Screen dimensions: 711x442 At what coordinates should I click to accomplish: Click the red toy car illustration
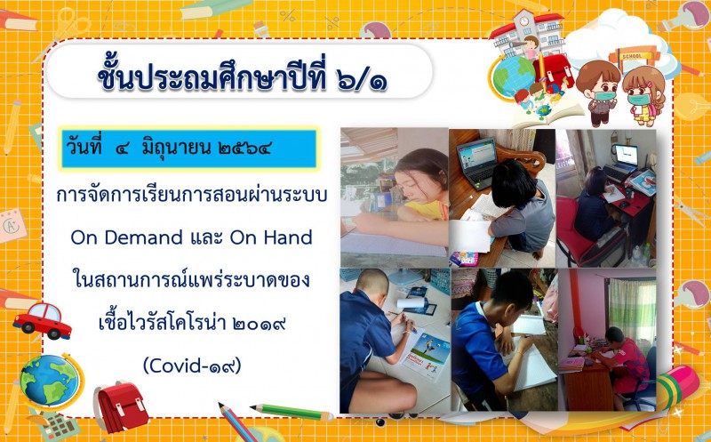[42, 321]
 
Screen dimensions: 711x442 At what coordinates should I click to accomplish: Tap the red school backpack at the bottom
[121, 406]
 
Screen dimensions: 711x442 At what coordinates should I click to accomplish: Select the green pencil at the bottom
[292, 412]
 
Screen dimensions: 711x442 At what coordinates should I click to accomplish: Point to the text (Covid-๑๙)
[192, 366]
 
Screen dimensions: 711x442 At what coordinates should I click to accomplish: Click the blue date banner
[188, 149]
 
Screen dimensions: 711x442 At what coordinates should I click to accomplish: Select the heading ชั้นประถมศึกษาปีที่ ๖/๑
[243, 78]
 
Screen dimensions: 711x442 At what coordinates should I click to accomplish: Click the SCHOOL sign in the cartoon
[633, 56]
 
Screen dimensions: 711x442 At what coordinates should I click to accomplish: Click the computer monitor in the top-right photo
[627, 155]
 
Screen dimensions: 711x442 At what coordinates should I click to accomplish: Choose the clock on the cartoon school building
[524, 21]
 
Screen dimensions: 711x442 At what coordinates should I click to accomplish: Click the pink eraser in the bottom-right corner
[677, 387]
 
